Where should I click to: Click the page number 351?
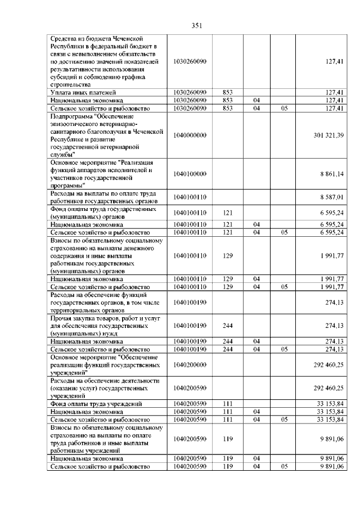tap(196, 25)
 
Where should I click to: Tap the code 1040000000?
tap(191, 136)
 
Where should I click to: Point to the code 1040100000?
tap(191, 174)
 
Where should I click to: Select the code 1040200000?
tap(191, 364)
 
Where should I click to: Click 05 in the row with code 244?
tap(284, 349)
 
